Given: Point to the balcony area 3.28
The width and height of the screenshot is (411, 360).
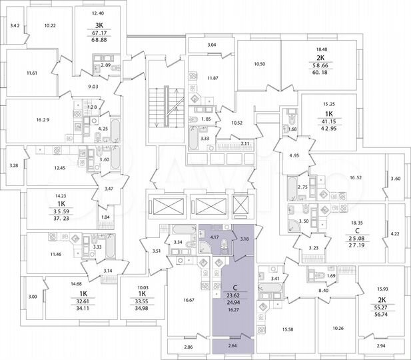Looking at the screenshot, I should [13, 165].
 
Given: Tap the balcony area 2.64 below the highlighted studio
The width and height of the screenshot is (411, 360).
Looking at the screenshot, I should [232, 346].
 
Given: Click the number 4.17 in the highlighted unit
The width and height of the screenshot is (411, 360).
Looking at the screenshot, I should [214, 237].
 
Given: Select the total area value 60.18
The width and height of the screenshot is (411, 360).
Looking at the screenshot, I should [321, 65].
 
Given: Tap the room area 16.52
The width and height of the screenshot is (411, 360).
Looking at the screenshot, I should [350, 179].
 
